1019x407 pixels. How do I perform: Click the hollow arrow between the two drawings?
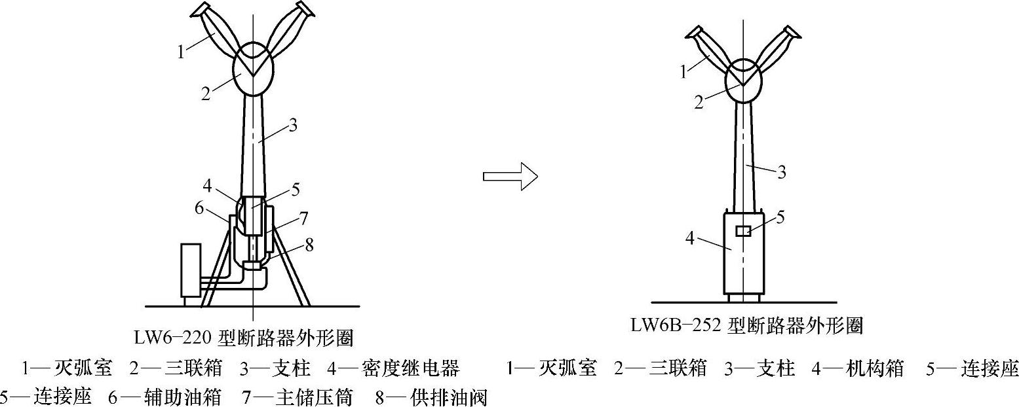point(510,176)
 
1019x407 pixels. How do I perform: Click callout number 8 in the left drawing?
point(309,245)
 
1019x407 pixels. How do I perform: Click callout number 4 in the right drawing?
point(690,239)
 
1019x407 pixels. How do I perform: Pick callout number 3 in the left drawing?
point(292,126)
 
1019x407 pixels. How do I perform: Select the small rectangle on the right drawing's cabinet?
point(743,231)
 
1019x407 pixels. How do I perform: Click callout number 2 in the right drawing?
point(699,103)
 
